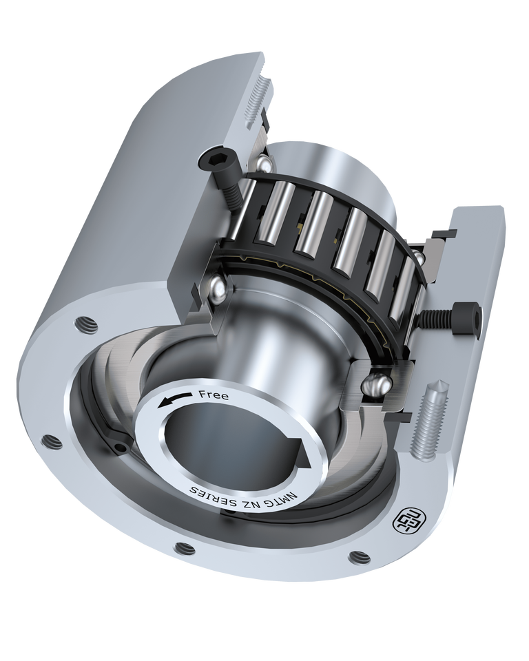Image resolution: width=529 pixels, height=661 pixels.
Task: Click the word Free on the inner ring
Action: (214, 395)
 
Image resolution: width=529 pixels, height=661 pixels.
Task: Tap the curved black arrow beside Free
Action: (174, 399)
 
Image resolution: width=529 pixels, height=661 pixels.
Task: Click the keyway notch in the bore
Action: (303, 454)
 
